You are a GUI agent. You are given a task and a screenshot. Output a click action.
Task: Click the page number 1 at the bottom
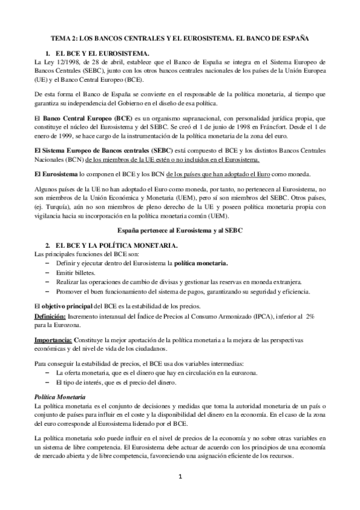coord(179,478)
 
